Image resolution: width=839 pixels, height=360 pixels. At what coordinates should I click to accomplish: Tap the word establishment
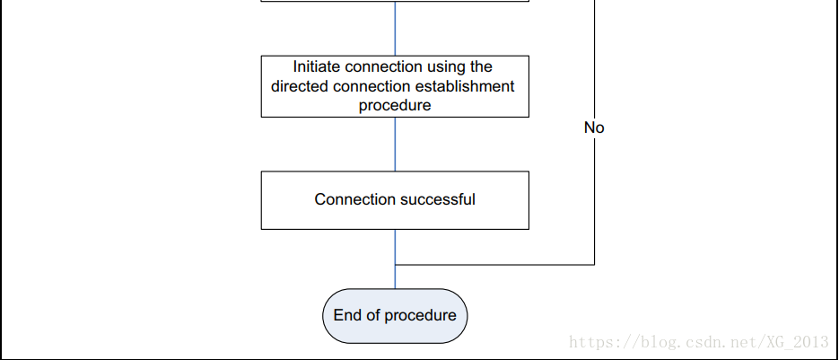[463, 86]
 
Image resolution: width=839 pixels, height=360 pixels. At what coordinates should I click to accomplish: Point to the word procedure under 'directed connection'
[395, 105]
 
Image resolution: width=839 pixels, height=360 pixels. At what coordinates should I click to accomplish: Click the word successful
[437, 199]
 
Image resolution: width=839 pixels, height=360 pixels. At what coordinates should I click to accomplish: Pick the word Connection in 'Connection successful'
[354, 199]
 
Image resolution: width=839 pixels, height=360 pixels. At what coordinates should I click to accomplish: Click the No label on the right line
[594, 127]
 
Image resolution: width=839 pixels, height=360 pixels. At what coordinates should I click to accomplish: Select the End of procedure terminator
[395, 316]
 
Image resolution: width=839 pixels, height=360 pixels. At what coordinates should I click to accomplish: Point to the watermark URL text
[699, 342]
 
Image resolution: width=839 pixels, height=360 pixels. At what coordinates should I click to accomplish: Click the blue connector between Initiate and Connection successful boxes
[395, 145]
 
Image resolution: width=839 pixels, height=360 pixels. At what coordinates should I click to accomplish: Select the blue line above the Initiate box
[395, 29]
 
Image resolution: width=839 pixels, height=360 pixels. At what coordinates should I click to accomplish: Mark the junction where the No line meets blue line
[395, 265]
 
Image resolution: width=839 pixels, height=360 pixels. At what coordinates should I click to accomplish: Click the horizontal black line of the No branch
[495, 265]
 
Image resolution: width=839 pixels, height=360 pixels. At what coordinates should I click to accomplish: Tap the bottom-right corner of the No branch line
[594, 265]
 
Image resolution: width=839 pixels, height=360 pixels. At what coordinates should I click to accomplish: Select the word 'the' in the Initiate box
[479, 67]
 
